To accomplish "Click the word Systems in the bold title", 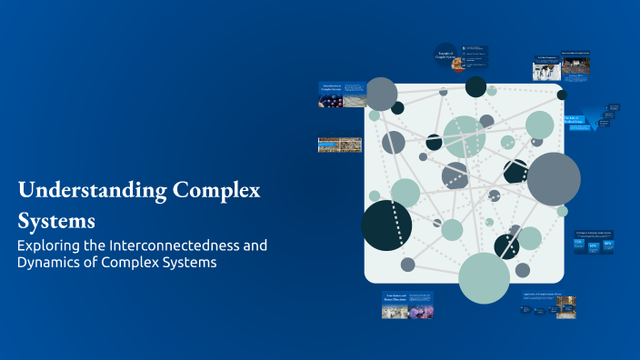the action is (x=55, y=220).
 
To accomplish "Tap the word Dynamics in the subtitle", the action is (x=52, y=263).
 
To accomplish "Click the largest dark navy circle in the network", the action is (x=386, y=225).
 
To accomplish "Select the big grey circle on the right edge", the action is (x=553, y=178).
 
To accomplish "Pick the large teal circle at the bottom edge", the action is (x=484, y=277).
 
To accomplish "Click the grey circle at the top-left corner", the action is (x=381, y=94).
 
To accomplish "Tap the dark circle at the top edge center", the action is (x=475, y=86).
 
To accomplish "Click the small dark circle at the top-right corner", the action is (x=562, y=95).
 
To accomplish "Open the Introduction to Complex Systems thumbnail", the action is (x=341, y=95).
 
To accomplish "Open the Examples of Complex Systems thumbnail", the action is (x=461, y=58).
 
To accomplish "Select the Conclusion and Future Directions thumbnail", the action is (x=407, y=305).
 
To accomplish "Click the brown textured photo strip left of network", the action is (x=340, y=145).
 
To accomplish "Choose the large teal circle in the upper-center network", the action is (x=464, y=136).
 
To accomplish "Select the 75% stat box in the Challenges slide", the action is (x=580, y=246).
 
